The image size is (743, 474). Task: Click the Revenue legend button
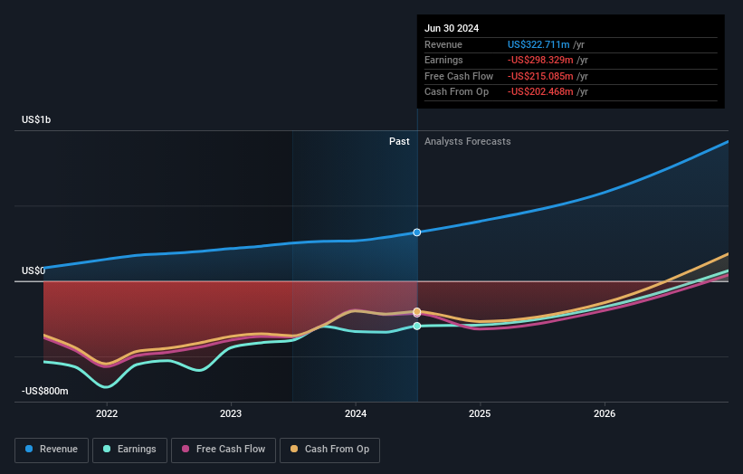52,449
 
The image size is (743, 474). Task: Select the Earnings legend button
129,449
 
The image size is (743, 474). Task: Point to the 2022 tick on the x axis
107,413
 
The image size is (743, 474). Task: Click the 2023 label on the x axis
231,413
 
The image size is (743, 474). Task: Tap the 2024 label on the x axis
356,413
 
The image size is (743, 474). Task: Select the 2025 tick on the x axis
480,413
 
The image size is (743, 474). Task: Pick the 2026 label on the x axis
605,413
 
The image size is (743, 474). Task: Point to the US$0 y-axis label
33,270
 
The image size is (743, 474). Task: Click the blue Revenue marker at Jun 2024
417,232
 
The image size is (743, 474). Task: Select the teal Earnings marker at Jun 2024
417,326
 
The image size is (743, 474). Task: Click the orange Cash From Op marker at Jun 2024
417,311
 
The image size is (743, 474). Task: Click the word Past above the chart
399,141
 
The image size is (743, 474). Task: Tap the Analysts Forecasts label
467,141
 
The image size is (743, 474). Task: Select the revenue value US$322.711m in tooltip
539,44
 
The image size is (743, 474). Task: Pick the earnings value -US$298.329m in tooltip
541,61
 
